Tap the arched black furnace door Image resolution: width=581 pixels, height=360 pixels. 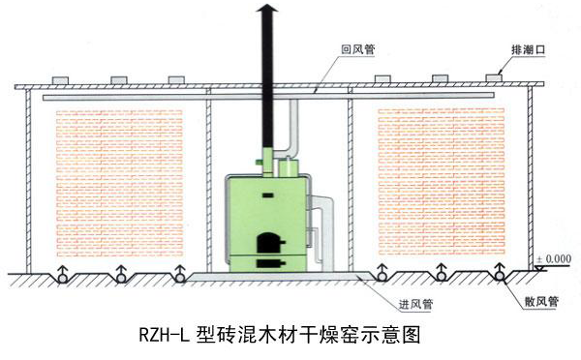(x=263, y=243)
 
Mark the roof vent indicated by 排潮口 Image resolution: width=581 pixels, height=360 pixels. (x=492, y=76)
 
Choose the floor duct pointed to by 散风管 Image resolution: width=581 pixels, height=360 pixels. (x=503, y=277)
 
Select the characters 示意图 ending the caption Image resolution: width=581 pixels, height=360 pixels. (x=398, y=335)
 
